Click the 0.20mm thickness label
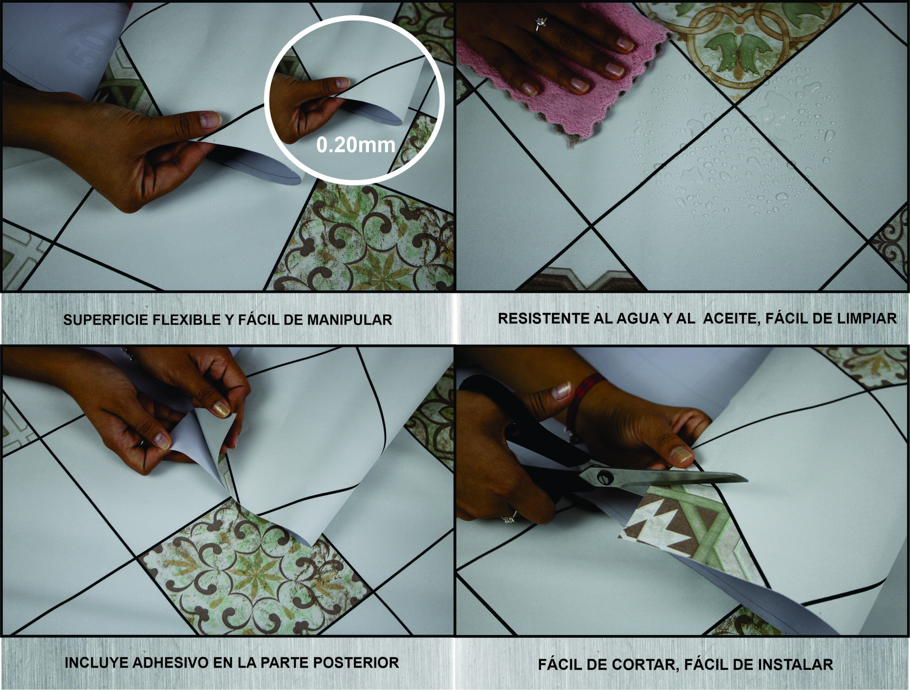pos(356,145)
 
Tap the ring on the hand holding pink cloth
pos(541,23)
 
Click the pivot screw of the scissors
pos(605,478)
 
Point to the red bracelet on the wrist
pos(587,389)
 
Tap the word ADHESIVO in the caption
pos(170,663)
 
